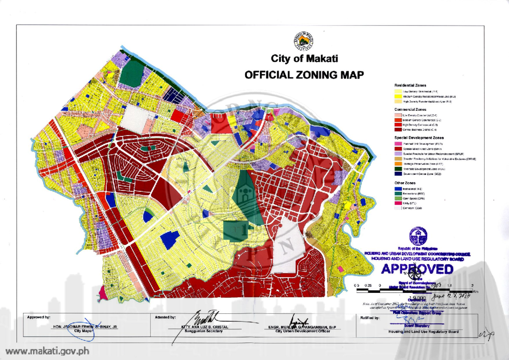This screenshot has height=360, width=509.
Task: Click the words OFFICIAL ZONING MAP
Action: pyautogui.click(x=304, y=75)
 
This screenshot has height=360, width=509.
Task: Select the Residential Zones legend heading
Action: pyautogui.click(x=410, y=86)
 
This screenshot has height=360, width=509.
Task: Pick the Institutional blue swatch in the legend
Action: pyautogui.click(x=398, y=188)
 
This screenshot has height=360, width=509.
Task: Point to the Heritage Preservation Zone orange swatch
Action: pyautogui.click(x=398, y=163)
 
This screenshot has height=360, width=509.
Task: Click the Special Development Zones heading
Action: pyautogui.click(x=419, y=138)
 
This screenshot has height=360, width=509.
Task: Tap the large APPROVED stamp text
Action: pyautogui.click(x=417, y=269)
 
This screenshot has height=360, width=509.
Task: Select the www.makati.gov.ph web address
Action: pyautogui.click(x=47, y=351)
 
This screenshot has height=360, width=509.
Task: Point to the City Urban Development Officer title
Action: pyautogui.click(x=302, y=331)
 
